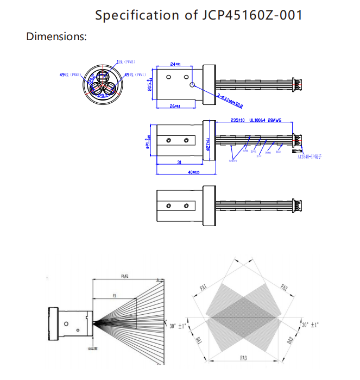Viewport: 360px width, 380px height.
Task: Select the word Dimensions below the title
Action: click(x=56, y=37)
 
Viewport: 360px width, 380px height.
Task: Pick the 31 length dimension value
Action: click(x=179, y=163)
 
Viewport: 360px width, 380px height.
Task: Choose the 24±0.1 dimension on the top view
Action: click(x=175, y=64)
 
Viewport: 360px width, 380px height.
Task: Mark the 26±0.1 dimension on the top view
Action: click(x=175, y=106)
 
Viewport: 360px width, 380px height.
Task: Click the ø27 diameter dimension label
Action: click(x=208, y=144)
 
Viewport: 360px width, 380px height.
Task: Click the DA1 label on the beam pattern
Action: click(x=199, y=340)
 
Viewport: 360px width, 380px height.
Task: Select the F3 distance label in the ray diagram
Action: click(x=114, y=295)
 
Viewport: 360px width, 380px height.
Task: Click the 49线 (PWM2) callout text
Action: click(x=71, y=74)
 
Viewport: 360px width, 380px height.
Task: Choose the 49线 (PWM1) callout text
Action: click(x=135, y=74)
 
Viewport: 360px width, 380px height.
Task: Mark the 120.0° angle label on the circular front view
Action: click(x=103, y=94)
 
